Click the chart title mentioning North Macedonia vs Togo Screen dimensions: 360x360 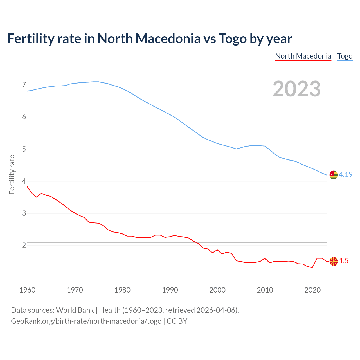[x=150, y=39]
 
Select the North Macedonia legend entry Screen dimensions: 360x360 [x=303, y=56]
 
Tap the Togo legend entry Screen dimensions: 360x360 [x=345, y=56]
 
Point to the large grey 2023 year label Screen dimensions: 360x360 [x=297, y=89]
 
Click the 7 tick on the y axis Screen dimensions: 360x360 [x=24, y=85]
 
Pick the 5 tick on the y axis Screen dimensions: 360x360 [x=24, y=149]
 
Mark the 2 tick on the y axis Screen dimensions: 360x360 [x=24, y=246]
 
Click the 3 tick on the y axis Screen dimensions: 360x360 [x=24, y=213]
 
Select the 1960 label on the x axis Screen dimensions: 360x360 [x=27, y=290]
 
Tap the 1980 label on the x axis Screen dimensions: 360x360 [x=122, y=290]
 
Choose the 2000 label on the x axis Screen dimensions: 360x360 [x=217, y=290]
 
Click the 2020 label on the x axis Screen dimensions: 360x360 [x=312, y=290]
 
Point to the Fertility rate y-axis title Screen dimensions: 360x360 [x=12, y=174]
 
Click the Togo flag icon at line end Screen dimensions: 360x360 [x=333, y=175]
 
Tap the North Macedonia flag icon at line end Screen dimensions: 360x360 [x=333, y=261]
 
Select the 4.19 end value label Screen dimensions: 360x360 [x=346, y=174]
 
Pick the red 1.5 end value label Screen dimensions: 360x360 [x=344, y=261]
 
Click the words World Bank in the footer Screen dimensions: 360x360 [x=75, y=310]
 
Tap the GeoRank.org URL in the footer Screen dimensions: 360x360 [x=86, y=321]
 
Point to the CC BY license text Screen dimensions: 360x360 [x=177, y=321]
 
